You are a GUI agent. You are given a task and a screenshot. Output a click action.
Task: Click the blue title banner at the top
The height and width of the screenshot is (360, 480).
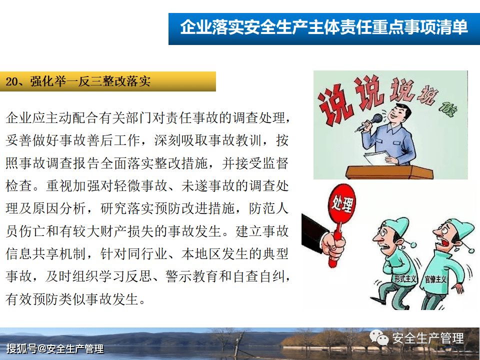pyautogui.click(x=323, y=27)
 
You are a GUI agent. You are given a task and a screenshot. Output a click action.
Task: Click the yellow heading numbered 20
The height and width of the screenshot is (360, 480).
pyautogui.click(x=107, y=81)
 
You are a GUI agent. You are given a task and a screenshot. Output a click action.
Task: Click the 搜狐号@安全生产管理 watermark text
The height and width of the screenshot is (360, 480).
pyautogui.click(x=55, y=349)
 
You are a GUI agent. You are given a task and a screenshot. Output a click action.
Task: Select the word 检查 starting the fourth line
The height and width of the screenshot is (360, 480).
pyautogui.click(x=18, y=186)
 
